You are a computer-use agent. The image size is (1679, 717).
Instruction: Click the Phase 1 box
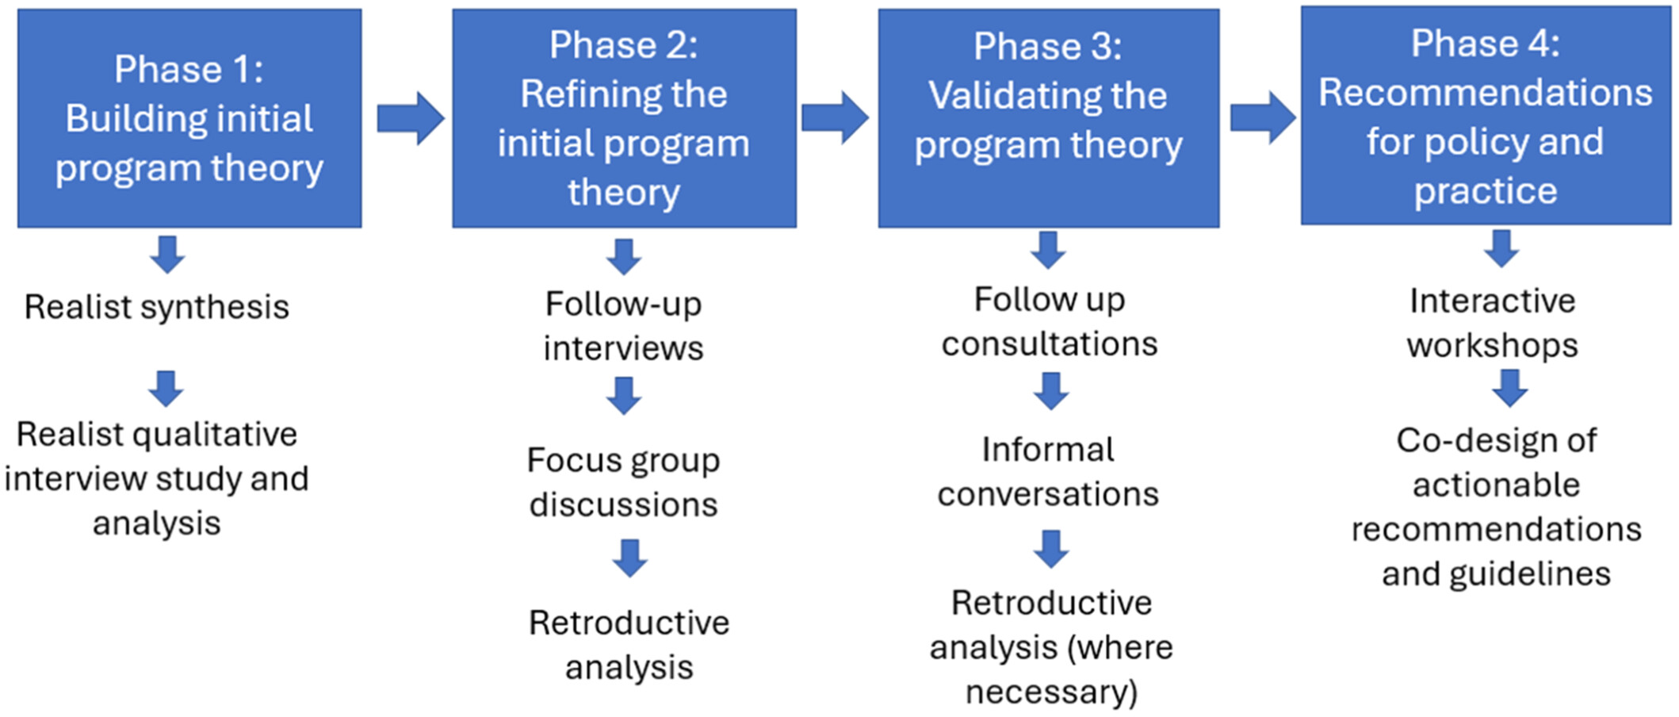pyautogui.click(x=189, y=118)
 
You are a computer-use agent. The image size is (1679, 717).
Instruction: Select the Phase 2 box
pyautogui.click(x=625, y=118)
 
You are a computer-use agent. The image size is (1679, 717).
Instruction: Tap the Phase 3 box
pyautogui.click(x=1049, y=118)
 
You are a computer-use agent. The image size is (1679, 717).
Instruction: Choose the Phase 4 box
pyautogui.click(x=1486, y=116)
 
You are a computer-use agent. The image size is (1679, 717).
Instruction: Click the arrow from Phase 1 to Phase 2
pyautogui.click(x=411, y=119)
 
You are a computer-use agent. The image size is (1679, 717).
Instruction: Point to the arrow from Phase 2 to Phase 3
pyautogui.click(x=836, y=118)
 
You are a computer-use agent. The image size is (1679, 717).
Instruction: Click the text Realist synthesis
pyautogui.click(x=157, y=307)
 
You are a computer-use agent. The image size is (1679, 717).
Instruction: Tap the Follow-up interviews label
pyautogui.click(x=624, y=326)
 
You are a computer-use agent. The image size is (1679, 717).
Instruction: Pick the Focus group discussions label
pyautogui.click(x=624, y=482)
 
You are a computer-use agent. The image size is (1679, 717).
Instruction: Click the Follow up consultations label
pyautogui.click(x=1050, y=322)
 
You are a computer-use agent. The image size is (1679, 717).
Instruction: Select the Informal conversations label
pyautogui.click(x=1048, y=472)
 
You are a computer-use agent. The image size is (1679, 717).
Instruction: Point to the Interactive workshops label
pyautogui.click(x=1493, y=324)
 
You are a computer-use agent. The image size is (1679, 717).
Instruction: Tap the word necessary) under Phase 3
pyautogui.click(x=1052, y=692)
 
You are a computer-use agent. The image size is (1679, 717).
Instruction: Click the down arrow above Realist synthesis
pyautogui.click(x=168, y=255)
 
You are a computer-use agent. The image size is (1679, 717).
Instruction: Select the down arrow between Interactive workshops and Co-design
pyautogui.click(x=1510, y=389)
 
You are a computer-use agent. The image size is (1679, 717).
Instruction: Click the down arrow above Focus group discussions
pyautogui.click(x=625, y=396)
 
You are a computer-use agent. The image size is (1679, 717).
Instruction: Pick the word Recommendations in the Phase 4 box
pyautogui.click(x=1486, y=93)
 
